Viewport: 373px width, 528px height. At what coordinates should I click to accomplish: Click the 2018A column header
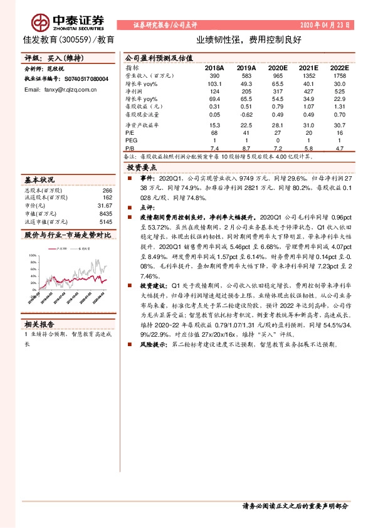click(214, 66)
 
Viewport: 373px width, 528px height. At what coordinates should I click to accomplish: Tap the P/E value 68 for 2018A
click(214, 133)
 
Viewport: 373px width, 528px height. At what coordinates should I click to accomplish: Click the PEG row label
click(131, 141)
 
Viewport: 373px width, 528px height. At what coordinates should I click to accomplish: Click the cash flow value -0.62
click(244, 115)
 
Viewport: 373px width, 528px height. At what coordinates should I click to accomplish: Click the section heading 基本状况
click(39, 180)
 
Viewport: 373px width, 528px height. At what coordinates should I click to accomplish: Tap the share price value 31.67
click(105, 206)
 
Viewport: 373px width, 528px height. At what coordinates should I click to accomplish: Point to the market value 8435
click(105, 213)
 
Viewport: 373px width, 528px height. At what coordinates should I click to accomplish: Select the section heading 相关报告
click(39, 324)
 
